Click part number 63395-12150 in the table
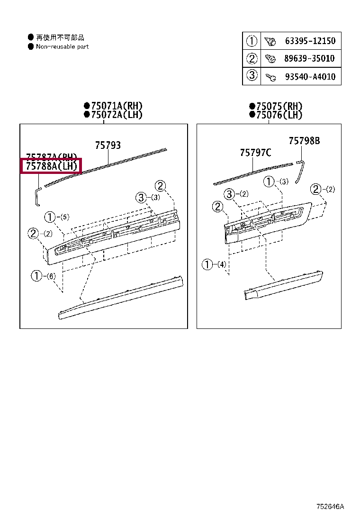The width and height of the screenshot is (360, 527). tap(310, 41)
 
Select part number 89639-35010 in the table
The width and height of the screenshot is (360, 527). tap(309, 58)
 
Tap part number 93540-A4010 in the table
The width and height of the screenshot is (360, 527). tap(310, 76)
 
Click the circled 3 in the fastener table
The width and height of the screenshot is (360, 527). tap(252, 76)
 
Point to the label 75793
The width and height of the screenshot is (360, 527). tap(108, 145)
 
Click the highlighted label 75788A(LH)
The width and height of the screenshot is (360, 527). tap(51, 166)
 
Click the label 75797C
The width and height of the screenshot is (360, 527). tap(255, 152)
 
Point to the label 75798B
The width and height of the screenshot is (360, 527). tap(304, 141)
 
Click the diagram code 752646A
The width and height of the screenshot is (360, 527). tap(331, 507)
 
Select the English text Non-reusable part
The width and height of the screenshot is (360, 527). tap(62, 46)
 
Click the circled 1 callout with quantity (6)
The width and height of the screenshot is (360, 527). tap(37, 275)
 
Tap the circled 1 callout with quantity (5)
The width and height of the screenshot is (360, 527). tap(50, 217)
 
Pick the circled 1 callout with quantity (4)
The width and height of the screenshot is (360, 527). tap(207, 264)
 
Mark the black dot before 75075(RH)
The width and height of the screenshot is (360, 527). tap(252, 106)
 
